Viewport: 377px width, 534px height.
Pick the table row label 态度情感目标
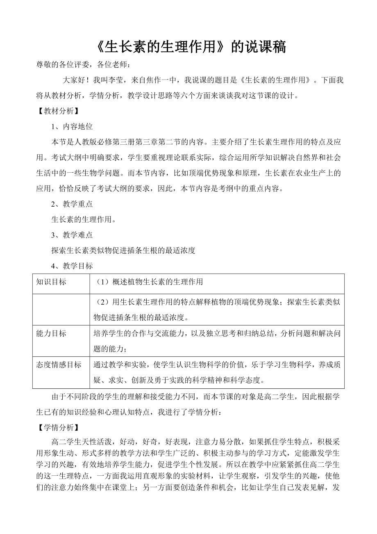[59, 365]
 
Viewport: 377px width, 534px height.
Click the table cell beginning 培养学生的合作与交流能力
[217, 341]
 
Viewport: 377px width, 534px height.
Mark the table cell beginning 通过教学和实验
[217, 372]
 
